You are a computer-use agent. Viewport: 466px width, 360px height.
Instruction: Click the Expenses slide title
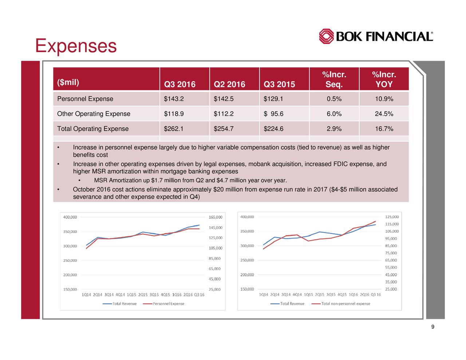pos(76,46)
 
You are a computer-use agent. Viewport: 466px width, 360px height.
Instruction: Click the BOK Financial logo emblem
pos(326,36)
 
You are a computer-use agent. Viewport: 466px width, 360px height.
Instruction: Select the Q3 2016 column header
pos(179,84)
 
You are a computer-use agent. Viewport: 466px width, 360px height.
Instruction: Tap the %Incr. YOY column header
pos(384,79)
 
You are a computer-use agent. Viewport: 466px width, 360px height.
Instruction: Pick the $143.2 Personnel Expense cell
pos(174,99)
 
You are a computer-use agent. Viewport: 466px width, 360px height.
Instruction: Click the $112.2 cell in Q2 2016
pos(224,114)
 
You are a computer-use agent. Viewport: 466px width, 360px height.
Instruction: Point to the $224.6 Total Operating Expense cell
pos(273,129)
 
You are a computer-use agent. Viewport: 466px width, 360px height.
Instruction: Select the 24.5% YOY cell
pos(384,114)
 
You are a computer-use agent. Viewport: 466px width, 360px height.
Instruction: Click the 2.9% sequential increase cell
pos(334,129)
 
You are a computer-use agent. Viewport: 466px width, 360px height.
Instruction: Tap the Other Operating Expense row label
pos(94,114)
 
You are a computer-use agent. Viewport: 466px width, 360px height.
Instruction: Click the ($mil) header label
pos(68,82)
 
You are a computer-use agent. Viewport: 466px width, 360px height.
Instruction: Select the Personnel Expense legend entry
pos(168,304)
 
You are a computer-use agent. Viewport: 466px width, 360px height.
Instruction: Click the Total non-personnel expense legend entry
pos(345,304)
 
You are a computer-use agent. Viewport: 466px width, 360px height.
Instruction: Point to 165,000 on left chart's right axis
pos(215,217)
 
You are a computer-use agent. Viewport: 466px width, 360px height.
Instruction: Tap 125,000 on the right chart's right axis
pos(392,217)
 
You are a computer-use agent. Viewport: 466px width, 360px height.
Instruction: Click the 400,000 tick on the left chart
pos(70,217)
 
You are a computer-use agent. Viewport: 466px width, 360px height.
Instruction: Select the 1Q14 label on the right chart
pos(264,294)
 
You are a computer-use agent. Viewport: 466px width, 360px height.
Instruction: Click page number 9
pos(433,327)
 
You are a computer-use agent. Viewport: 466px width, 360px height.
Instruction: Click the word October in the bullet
pos(84,190)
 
